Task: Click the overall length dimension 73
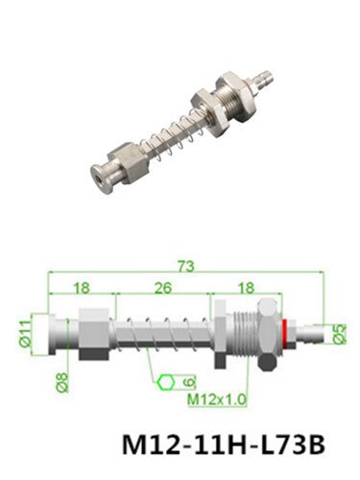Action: coord(186,267)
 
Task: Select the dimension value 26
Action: coord(163,288)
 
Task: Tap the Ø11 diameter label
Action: coord(26,334)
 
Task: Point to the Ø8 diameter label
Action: coord(62,382)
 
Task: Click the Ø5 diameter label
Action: coord(340,334)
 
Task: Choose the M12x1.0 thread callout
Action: coord(217,399)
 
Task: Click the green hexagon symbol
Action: coord(166,382)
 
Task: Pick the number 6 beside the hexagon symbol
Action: coord(189,382)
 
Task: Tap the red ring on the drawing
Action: coord(284,333)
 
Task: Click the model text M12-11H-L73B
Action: coord(224,444)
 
